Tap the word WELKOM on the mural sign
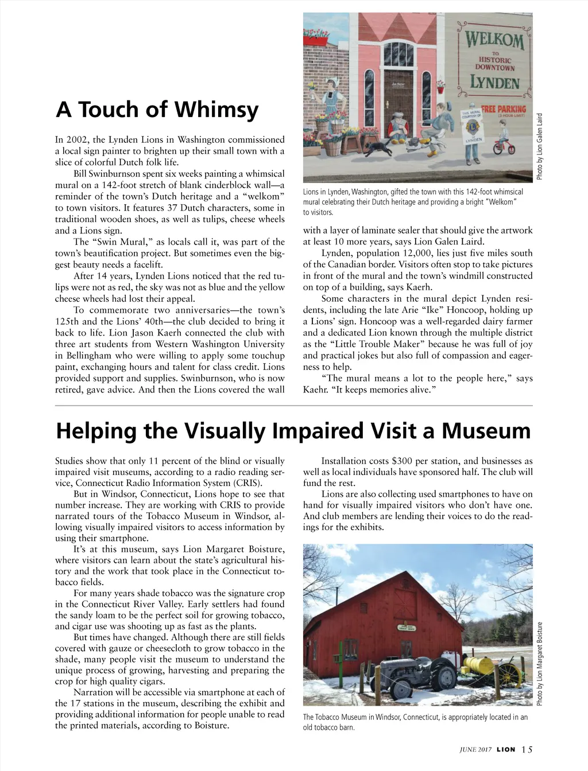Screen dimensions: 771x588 coord(494,41)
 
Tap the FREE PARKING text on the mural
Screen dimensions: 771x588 coord(504,109)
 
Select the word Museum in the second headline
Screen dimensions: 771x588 coord(483,430)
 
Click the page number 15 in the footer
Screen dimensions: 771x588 coord(527,749)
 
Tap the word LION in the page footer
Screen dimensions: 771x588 coord(505,749)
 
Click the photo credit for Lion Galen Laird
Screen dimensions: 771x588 coord(539,146)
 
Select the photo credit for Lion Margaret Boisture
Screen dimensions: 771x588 coord(539,663)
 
